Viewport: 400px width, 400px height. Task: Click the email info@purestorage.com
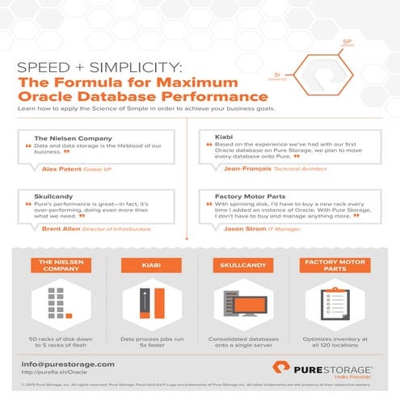coord(68,364)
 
